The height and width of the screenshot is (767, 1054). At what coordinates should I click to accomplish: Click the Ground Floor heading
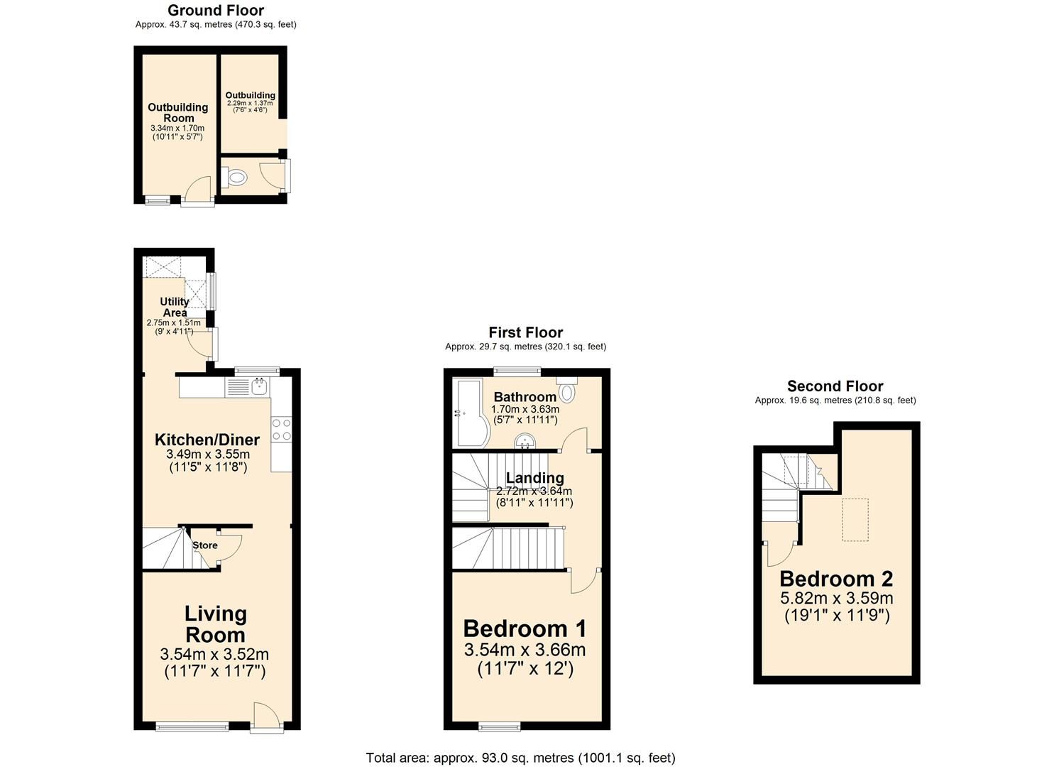pos(216,11)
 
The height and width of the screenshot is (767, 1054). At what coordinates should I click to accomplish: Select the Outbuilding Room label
pos(178,112)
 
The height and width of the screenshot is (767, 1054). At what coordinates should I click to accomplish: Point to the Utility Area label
pos(174,307)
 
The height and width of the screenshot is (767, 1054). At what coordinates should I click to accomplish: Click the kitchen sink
pos(258,387)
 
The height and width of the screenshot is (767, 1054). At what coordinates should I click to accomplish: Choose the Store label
pos(205,545)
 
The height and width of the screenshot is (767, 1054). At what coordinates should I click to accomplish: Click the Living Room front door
pos(267,716)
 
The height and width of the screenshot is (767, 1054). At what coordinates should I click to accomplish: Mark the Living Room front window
pos(192,725)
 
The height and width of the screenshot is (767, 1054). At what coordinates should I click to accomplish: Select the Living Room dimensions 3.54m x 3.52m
pos(214,654)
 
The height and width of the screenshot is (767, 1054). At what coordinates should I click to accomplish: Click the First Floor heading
pos(525,332)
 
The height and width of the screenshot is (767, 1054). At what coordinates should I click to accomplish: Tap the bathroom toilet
pos(567,390)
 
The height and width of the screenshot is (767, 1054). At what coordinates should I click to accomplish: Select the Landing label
pos(534,478)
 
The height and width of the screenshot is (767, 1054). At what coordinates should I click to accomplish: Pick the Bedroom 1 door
pos(583,581)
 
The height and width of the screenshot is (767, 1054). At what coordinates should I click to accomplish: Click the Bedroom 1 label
pos(525,629)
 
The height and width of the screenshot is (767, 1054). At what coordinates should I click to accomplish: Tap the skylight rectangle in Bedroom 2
pos(855,521)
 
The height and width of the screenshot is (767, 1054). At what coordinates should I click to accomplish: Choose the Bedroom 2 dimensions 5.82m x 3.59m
pos(836,598)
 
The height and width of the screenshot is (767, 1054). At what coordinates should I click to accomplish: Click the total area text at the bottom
pos(520,758)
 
